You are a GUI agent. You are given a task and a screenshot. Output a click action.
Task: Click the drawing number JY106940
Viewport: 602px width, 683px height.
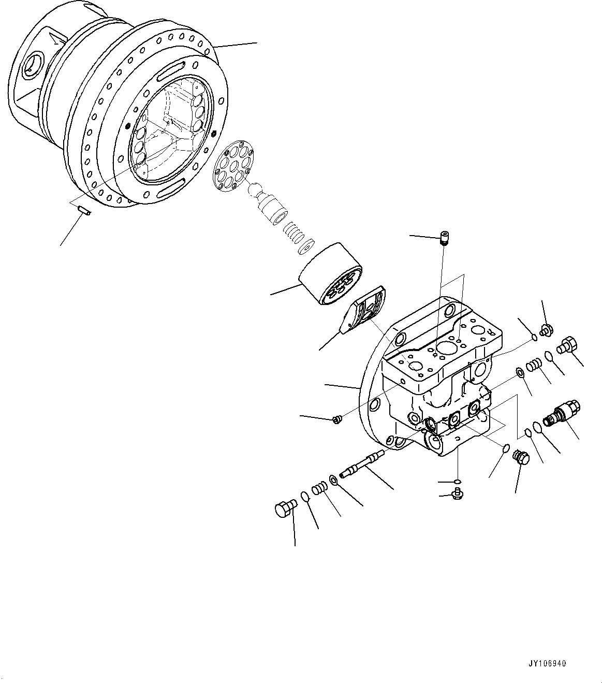click(548, 662)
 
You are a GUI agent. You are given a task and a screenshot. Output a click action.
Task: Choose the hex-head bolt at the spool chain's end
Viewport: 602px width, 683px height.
click(284, 508)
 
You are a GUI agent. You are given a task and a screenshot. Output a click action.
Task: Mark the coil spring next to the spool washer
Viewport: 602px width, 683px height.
click(320, 488)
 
